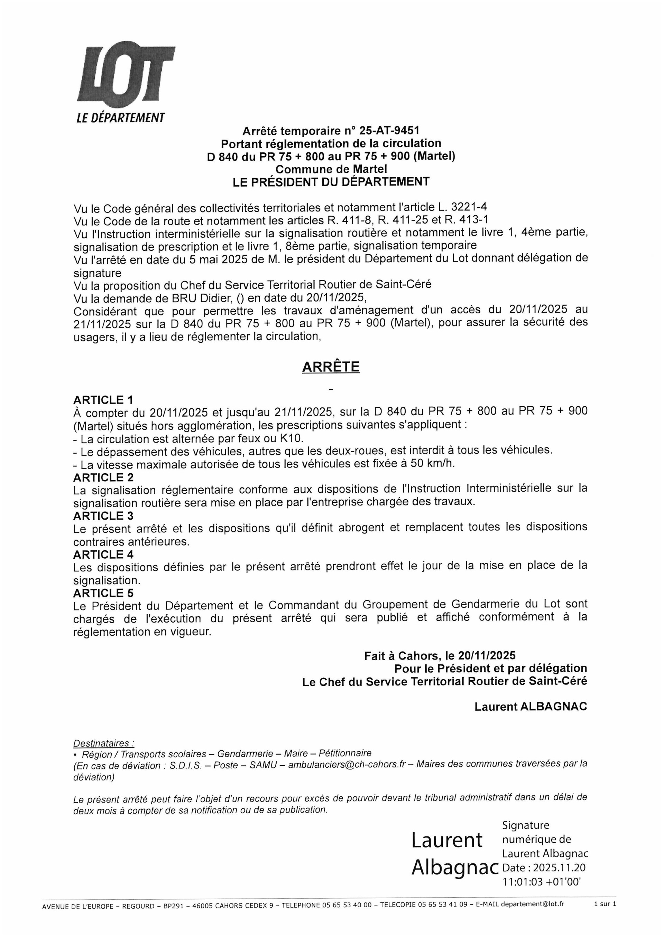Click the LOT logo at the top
[126, 75]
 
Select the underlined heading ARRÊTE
[331, 367]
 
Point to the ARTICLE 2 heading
[103, 477]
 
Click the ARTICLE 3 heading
[103, 516]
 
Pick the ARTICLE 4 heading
[103, 555]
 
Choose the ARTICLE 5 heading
[103, 593]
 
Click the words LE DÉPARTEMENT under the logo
[121, 118]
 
